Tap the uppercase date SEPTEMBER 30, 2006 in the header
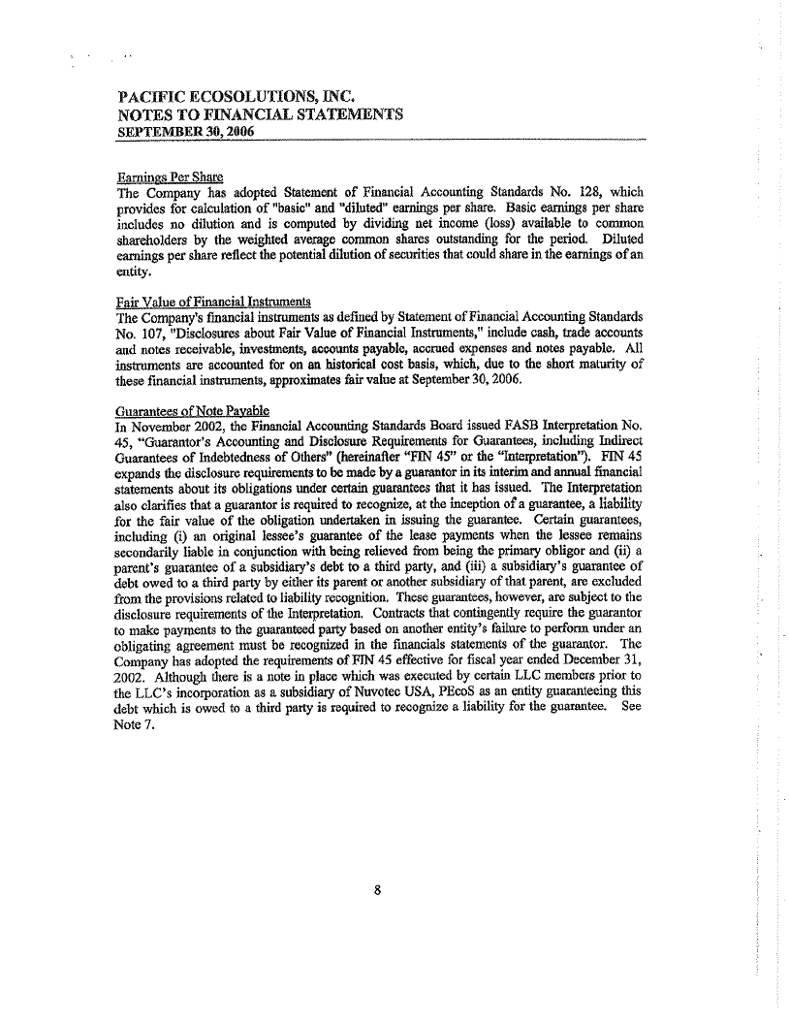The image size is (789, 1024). (x=184, y=131)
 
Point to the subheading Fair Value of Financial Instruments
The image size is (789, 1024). (x=205, y=302)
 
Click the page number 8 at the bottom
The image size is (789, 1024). (x=386, y=894)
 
